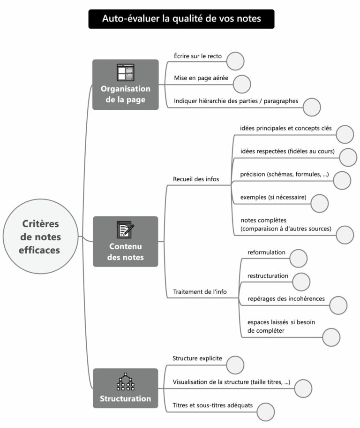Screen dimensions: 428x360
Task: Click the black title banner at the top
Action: point(181,19)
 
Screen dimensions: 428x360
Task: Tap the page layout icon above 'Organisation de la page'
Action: point(125,73)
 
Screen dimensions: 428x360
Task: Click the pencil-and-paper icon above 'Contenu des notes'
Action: point(125,229)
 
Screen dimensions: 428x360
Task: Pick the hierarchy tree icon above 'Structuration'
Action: point(125,382)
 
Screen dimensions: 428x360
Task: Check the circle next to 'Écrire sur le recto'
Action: point(235,61)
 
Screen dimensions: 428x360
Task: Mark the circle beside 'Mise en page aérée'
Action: point(242,84)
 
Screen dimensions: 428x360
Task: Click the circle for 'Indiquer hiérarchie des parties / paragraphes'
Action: point(311,107)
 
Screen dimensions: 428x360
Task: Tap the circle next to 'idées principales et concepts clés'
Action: point(345,134)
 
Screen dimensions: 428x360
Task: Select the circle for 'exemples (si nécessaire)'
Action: point(320,203)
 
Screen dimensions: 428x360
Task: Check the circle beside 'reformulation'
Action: point(299,259)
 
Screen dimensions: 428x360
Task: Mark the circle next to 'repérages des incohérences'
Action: point(338,305)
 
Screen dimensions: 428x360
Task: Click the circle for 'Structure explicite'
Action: point(235,365)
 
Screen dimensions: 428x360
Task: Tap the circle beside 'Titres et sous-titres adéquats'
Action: point(265,411)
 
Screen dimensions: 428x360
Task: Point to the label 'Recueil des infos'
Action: point(196,179)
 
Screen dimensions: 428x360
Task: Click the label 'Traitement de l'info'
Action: point(200,291)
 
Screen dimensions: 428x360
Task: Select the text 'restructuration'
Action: point(268,275)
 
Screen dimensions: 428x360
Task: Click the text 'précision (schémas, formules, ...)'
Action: point(285,174)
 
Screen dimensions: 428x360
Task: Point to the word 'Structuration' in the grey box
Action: point(126,398)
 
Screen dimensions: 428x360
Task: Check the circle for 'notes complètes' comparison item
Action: point(345,235)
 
